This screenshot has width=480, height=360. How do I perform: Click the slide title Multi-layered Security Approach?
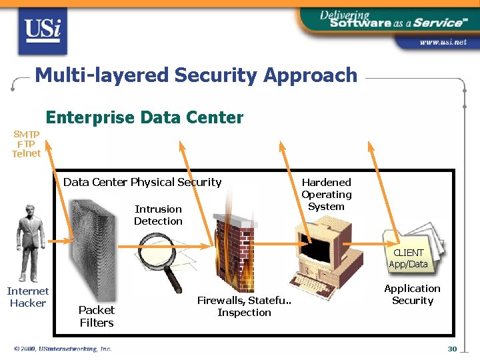tap(196, 75)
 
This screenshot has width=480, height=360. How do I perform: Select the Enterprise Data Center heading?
tap(145, 118)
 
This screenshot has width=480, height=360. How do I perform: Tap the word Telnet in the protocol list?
tap(27, 153)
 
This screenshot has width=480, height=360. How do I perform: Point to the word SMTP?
tap(27, 134)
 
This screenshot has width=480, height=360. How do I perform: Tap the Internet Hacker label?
tap(28, 297)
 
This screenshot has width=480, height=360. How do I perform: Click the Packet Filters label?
tap(97, 316)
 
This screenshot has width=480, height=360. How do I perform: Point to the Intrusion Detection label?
tap(158, 215)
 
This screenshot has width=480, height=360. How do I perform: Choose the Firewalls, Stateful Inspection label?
tap(244, 307)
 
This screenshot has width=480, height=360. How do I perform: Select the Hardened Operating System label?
tap(327, 194)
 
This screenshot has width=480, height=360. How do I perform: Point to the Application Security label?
tap(412, 294)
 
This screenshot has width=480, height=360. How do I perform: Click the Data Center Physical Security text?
tap(142, 182)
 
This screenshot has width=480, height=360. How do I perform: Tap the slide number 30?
tap(452, 349)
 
